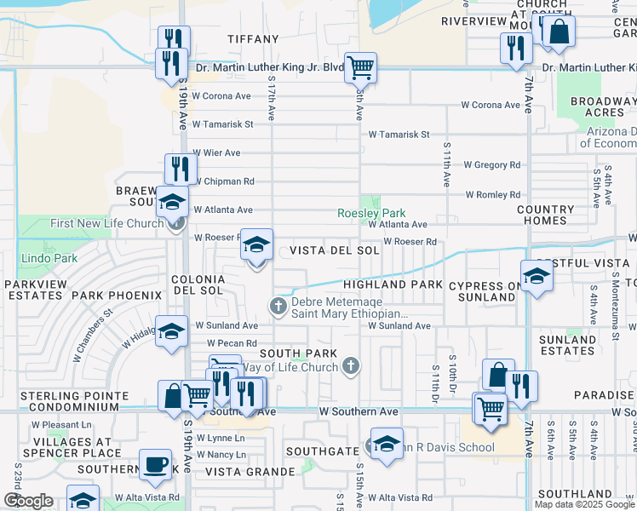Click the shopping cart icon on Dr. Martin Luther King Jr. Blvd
(360, 66)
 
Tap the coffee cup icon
(155, 465)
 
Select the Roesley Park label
(371, 213)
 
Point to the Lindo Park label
(49, 258)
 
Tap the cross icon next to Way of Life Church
(350, 367)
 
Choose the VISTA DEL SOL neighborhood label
(334, 250)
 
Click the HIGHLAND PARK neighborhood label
(393, 284)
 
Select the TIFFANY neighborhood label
(253, 39)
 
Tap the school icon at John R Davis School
(387, 444)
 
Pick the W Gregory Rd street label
(491, 164)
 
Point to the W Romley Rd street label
(493, 194)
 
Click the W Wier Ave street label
(217, 153)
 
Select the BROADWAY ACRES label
(598, 106)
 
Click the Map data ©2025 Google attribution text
(583, 504)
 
